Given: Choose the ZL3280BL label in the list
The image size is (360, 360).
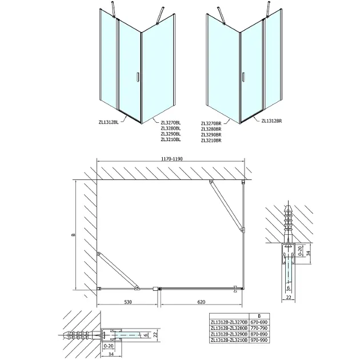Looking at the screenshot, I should click(x=170, y=127).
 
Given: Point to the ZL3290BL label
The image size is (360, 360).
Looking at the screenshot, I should click(x=170, y=134).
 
